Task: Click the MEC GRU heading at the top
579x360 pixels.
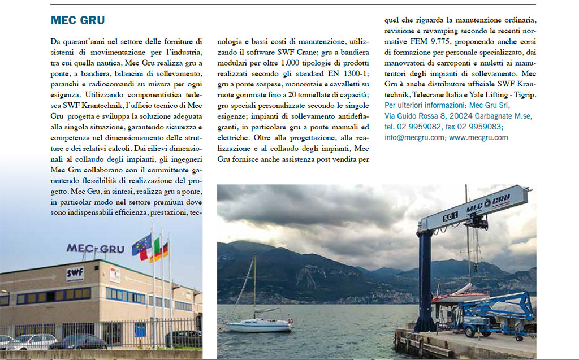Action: point(77,20)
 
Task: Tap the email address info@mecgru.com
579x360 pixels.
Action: point(414,137)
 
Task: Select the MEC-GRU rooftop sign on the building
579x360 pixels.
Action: point(95,249)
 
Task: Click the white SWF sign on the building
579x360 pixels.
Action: point(75,272)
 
